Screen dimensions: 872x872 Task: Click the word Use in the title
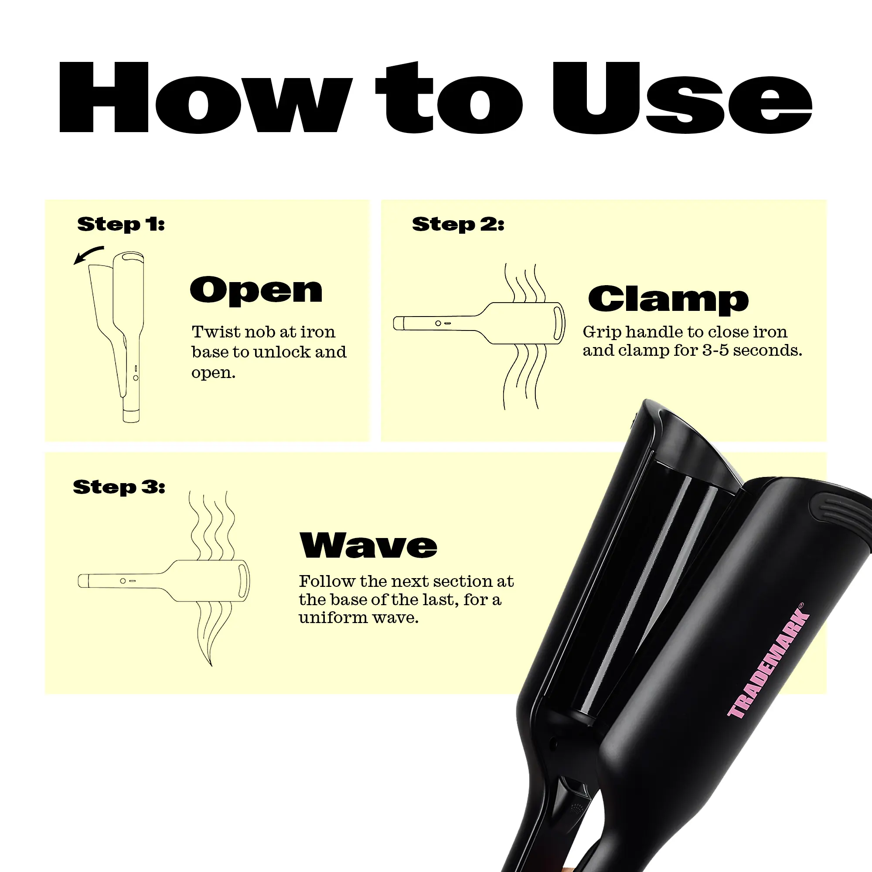[x=682, y=98]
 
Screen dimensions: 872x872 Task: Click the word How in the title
[x=205, y=97]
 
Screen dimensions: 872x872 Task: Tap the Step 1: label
[x=121, y=224]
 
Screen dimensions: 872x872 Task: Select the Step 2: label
[x=458, y=224]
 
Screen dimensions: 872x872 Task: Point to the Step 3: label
[x=119, y=487]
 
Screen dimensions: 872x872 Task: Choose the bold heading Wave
[x=368, y=545]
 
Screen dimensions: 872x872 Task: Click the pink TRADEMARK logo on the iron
[x=768, y=662]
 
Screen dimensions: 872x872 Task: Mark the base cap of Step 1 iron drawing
[x=131, y=415]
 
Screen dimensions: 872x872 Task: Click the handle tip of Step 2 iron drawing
[x=398, y=323]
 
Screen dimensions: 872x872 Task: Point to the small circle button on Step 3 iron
[x=123, y=581]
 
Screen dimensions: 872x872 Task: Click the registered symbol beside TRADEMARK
[x=800, y=606]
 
